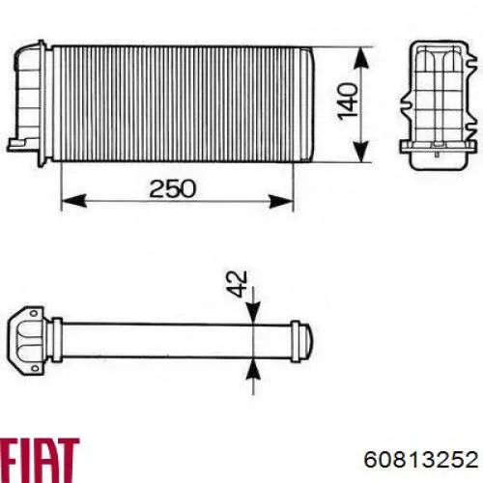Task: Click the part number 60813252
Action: [x=417, y=458]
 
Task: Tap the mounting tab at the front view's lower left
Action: [x=16, y=144]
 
